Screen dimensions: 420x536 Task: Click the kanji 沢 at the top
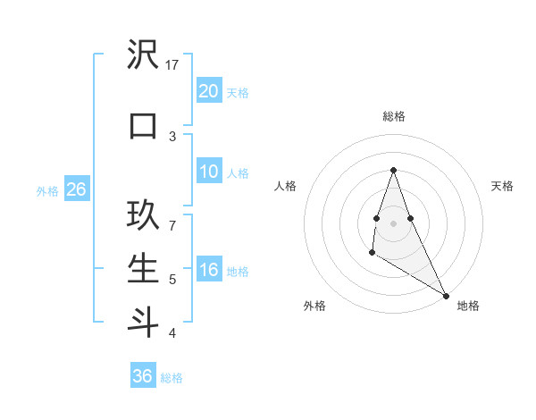(x=143, y=57)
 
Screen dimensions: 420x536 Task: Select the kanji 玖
(x=143, y=217)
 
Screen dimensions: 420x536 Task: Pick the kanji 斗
(x=143, y=322)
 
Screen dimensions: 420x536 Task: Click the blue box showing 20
(x=208, y=91)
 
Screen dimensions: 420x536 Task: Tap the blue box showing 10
(x=208, y=172)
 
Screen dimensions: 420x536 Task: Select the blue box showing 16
(x=208, y=271)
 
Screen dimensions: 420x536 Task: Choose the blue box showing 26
(x=76, y=189)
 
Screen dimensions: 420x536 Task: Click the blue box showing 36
(x=143, y=376)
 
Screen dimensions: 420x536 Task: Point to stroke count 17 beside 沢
(x=172, y=64)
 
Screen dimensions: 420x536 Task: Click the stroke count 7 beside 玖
(x=172, y=224)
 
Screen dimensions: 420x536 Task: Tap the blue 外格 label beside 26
(x=46, y=190)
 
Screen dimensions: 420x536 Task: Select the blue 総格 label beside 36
(x=172, y=378)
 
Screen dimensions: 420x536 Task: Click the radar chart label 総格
(x=394, y=116)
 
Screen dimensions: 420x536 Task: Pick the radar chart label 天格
(x=502, y=186)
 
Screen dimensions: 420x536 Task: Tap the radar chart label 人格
(x=285, y=186)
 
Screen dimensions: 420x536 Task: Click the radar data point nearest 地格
(x=447, y=295)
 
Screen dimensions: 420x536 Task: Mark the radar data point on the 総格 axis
(x=393, y=171)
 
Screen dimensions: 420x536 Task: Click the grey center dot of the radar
(x=394, y=223)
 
